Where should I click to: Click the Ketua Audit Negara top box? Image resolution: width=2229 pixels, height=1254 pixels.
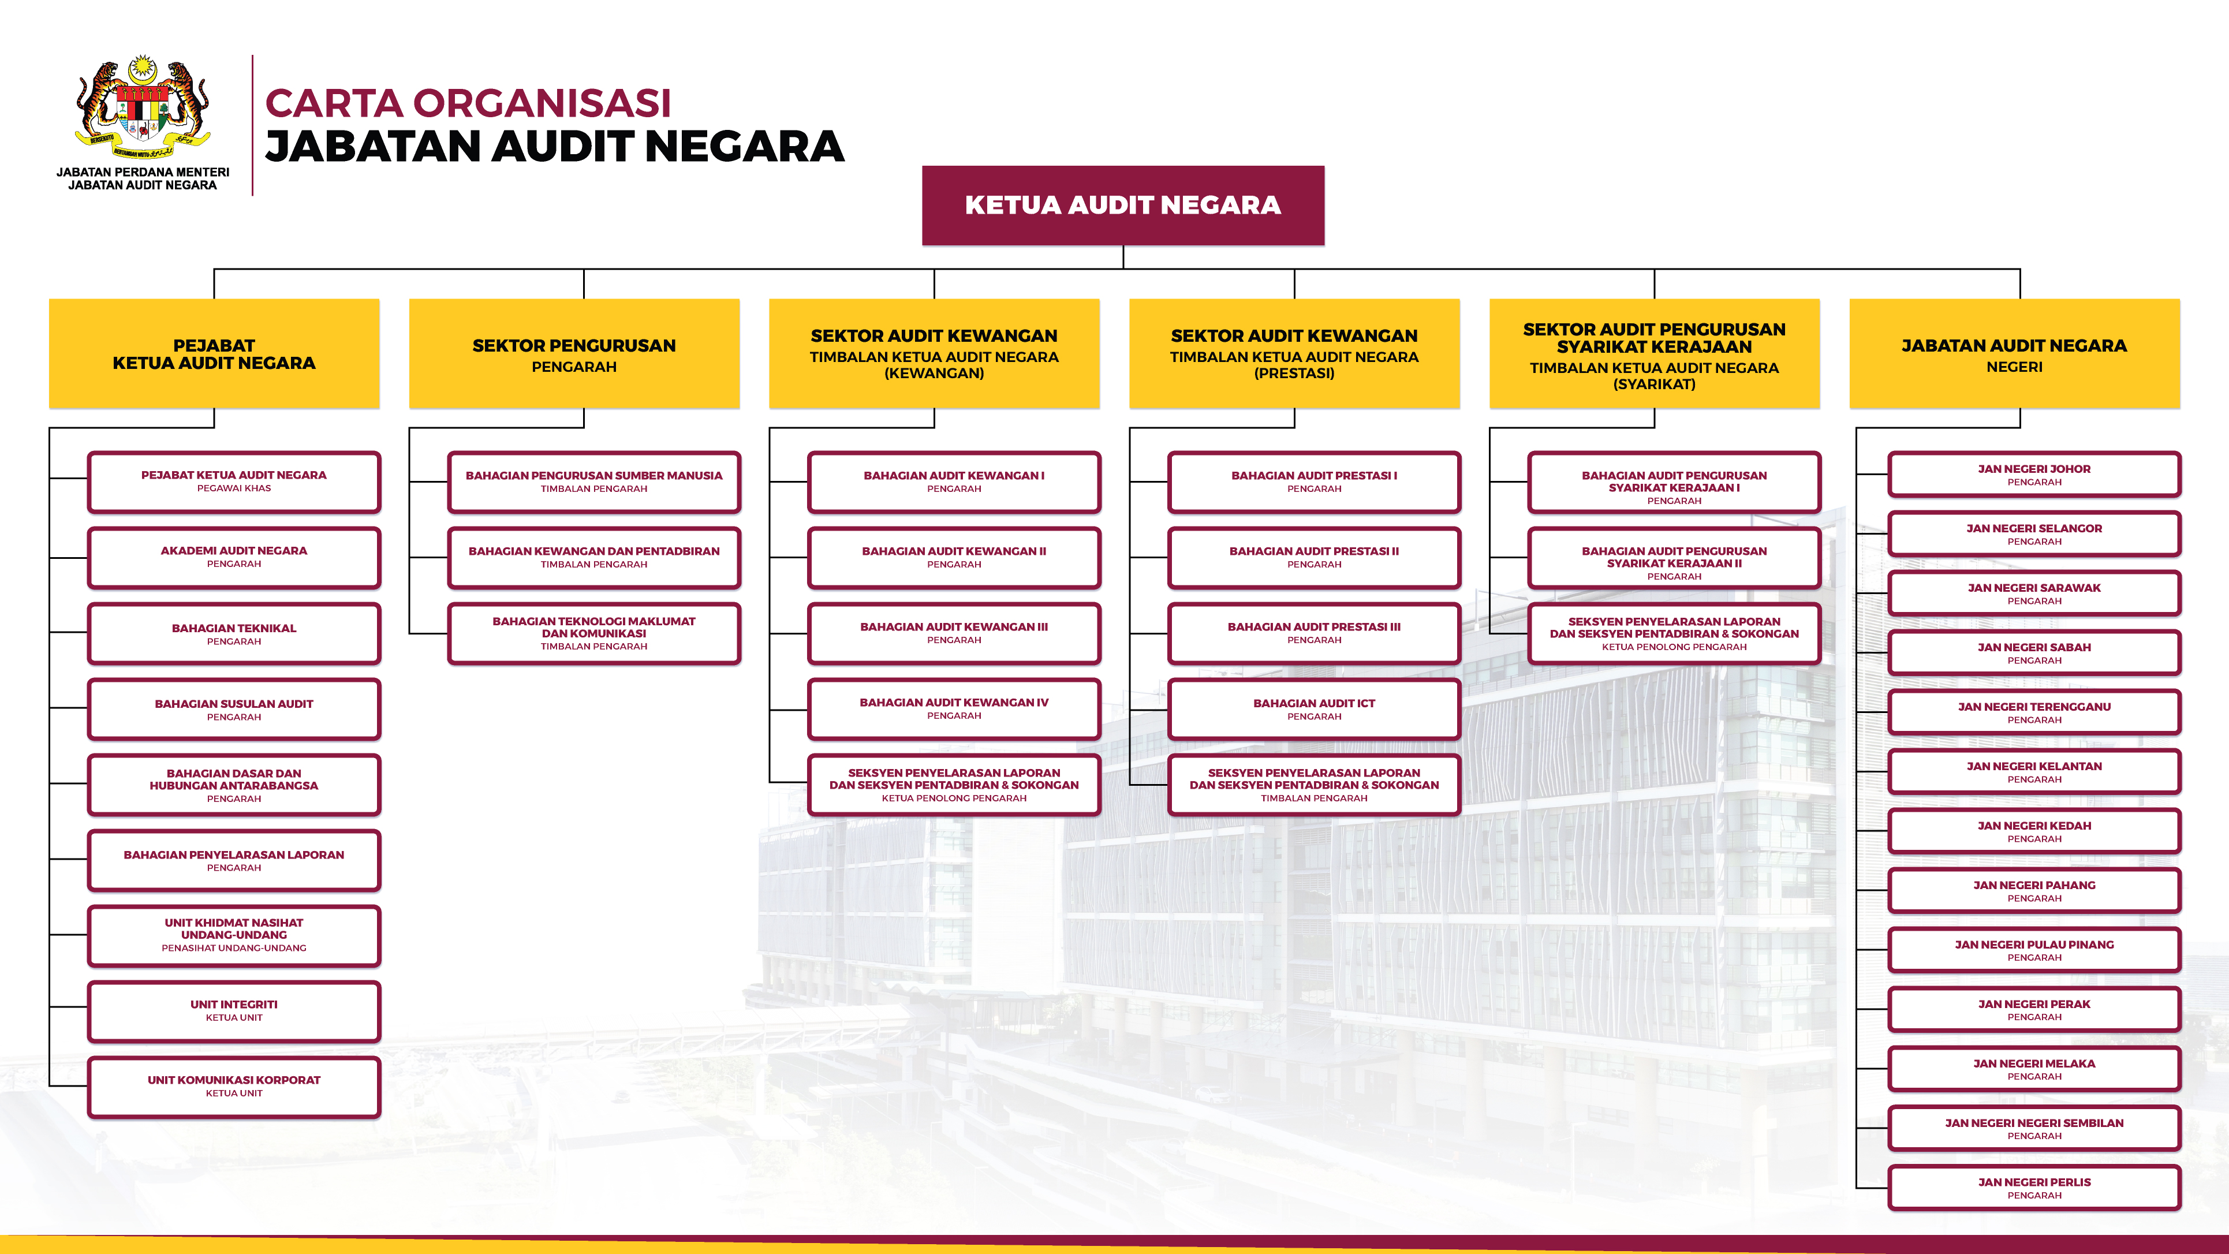tap(1122, 205)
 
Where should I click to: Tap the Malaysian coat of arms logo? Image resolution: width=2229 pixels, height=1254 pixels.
tap(143, 107)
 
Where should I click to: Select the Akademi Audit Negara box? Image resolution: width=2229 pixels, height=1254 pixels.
tap(234, 557)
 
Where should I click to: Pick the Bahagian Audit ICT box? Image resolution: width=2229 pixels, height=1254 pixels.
tap(1313, 710)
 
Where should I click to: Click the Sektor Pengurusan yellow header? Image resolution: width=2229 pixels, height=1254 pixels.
tap(574, 354)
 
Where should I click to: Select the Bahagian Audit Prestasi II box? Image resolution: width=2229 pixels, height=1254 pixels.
tap(1313, 557)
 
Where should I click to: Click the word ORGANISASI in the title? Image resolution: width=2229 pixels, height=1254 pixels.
tap(542, 103)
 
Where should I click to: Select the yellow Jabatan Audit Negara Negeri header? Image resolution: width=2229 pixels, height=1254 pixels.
tap(2014, 354)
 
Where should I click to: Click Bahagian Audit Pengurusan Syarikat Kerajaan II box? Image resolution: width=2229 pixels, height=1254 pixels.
tap(1674, 562)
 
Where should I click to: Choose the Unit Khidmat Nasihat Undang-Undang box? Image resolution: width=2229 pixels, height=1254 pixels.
tap(234, 935)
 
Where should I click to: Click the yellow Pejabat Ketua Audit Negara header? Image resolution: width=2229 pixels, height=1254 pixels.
tap(214, 354)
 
